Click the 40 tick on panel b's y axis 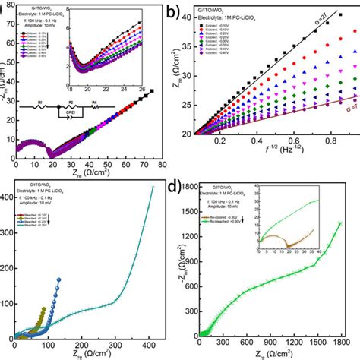pyautogui.click(x=204, y=23)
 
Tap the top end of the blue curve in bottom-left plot pyautogui.click(x=80, y=279)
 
